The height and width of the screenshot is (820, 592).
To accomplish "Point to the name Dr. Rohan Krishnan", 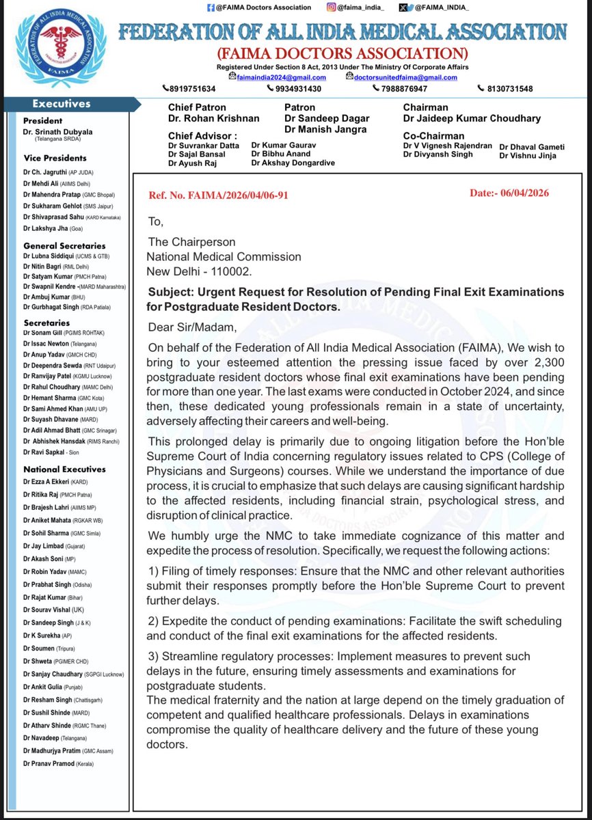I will [x=214, y=118].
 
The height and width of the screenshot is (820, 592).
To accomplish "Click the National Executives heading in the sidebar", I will [x=65, y=469].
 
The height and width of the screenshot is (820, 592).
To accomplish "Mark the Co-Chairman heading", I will [x=433, y=135].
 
